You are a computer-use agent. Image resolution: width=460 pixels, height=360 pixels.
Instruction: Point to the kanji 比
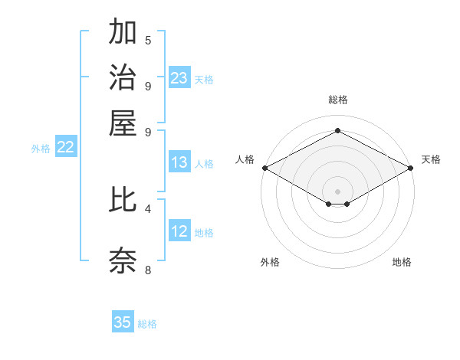click(x=123, y=200)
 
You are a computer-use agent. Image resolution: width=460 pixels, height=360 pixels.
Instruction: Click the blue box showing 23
click(x=179, y=78)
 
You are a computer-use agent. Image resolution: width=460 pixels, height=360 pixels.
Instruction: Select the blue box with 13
click(x=179, y=162)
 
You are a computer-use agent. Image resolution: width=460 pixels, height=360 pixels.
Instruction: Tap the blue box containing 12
click(x=179, y=231)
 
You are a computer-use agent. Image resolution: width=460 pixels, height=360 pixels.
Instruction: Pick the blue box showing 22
click(x=65, y=147)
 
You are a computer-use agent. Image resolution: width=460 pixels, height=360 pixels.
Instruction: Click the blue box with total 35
click(x=123, y=322)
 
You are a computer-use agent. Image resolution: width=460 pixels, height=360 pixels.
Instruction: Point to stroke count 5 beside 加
click(x=148, y=40)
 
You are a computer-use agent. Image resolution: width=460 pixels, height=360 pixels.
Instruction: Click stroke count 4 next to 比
click(x=148, y=208)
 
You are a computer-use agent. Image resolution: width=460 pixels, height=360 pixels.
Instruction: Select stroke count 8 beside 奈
click(x=148, y=269)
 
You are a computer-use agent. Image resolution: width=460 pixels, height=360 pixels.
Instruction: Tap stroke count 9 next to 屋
click(x=148, y=131)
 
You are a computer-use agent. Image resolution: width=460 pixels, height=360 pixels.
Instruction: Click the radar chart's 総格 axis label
click(x=338, y=100)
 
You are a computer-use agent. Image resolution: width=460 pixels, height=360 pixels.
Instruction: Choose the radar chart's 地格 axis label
click(x=402, y=262)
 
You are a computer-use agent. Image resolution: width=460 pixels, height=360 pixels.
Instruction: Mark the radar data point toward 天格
click(x=412, y=168)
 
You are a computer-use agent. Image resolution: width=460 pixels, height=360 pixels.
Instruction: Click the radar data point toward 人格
click(x=264, y=168)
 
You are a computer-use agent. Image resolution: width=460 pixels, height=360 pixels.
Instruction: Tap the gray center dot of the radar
click(x=338, y=191)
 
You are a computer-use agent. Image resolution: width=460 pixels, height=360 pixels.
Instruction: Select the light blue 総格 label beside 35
click(x=147, y=324)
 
